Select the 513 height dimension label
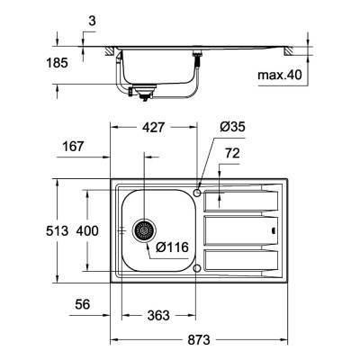(x=57, y=231)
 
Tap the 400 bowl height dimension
(x=86, y=231)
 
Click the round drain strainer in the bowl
(x=140, y=230)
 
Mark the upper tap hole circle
(x=197, y=192)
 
